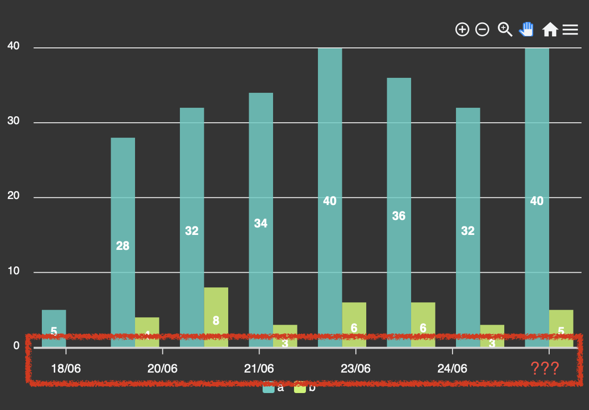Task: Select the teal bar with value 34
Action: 261,219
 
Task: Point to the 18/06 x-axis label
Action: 66,369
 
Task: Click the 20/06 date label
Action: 162,369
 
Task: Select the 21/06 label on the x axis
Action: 259,369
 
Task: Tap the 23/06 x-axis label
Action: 356,369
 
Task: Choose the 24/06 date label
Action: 452,369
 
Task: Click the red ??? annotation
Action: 545,369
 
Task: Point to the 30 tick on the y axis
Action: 13,122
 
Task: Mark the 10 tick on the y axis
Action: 13,271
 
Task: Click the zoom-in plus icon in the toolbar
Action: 462,30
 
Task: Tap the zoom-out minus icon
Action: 482,30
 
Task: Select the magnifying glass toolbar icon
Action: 505,29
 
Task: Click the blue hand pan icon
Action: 526,29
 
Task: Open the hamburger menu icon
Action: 570,30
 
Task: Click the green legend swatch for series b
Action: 300,388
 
